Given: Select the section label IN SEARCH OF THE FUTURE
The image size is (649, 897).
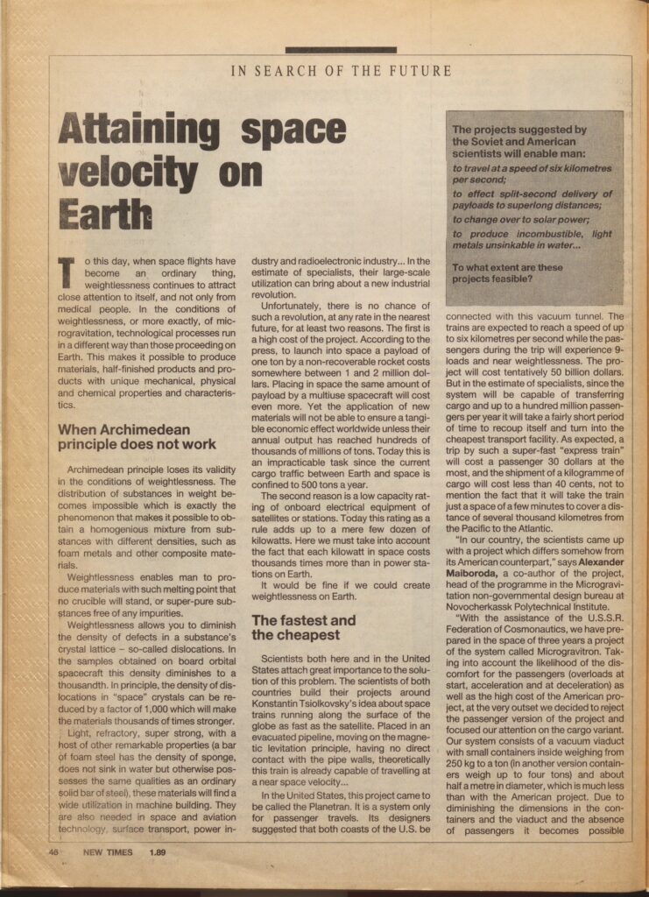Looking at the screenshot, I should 342,71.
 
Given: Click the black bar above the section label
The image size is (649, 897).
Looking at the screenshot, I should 341,50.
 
